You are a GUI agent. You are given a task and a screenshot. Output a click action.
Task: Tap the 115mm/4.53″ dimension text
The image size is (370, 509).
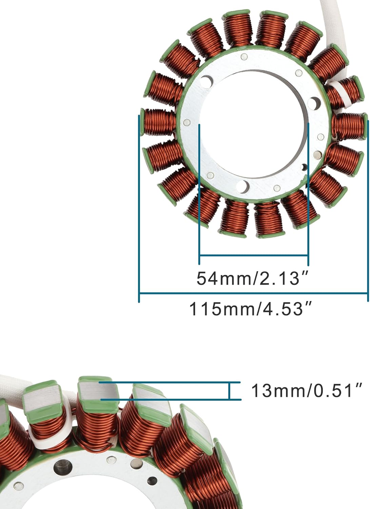click(x=250, y=309)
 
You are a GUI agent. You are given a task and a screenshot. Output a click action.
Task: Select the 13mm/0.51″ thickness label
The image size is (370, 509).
click(x=307, y=391)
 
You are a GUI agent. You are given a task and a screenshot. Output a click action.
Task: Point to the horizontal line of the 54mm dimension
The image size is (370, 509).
click(x=254, y=255)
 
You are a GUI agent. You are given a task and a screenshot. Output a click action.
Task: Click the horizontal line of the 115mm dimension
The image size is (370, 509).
click(x=254, y=293)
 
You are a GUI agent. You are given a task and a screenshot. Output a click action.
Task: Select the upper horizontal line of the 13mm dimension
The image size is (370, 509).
click(x=170, y=382)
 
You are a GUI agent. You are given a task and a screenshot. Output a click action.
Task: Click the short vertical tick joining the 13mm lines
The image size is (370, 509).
click(x=230, y=391)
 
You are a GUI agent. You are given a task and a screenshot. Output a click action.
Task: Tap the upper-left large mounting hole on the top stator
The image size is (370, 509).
click(x=206, y=81)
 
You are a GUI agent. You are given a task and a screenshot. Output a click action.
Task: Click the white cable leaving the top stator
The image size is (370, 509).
click(x=331, y=24)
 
